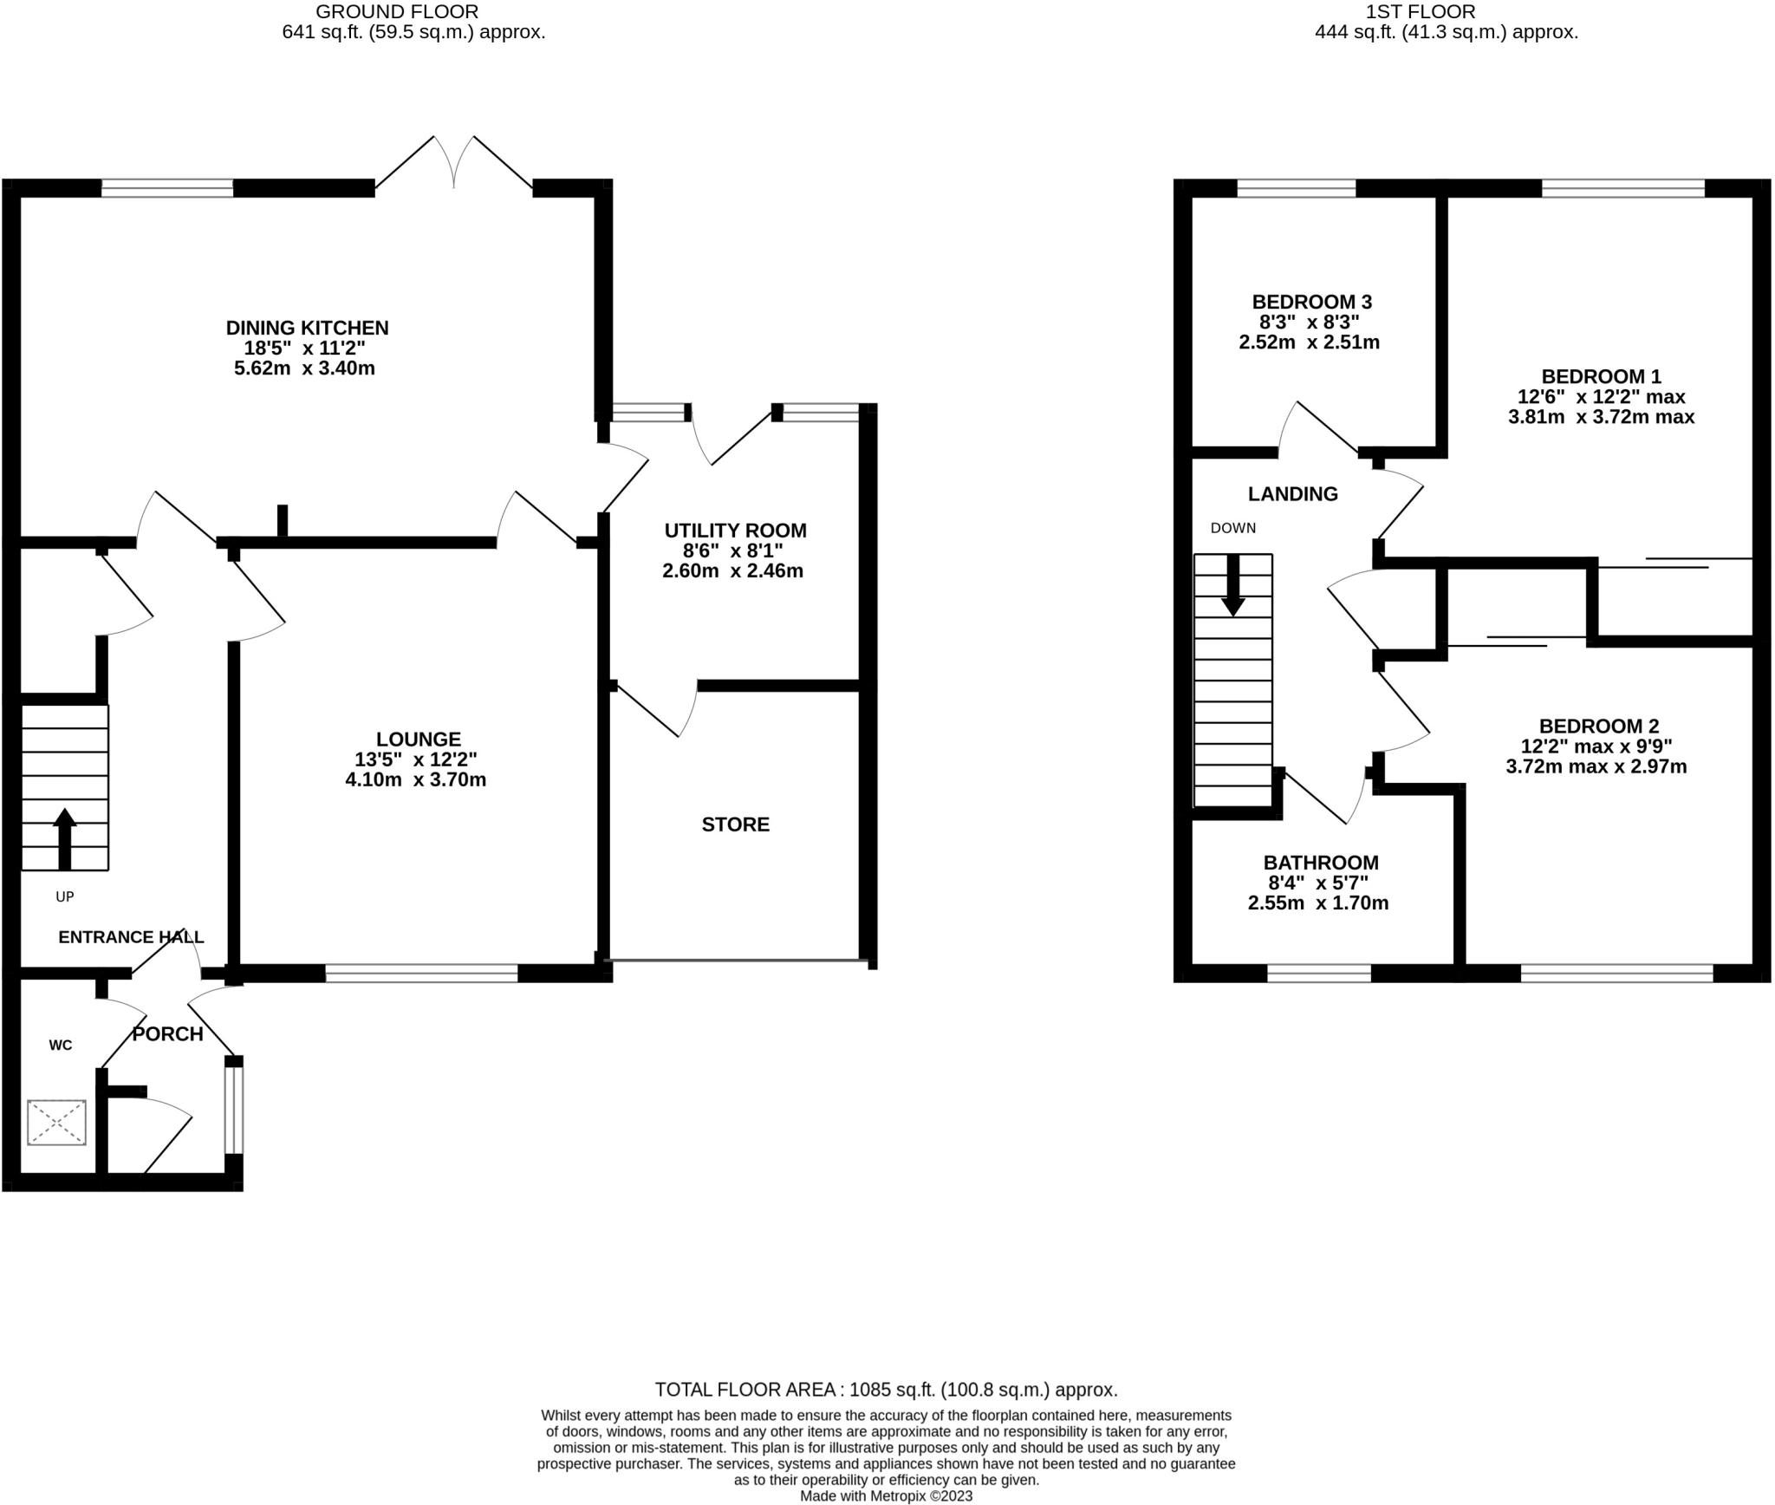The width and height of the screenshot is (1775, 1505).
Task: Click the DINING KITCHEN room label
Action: [307, 328]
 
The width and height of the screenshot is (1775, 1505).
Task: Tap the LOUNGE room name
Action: [419, 739]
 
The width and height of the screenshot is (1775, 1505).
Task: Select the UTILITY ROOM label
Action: [735, 531]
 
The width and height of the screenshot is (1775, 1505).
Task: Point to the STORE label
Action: [736, 824]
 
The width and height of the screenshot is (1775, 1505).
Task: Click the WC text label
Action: [61, 1046]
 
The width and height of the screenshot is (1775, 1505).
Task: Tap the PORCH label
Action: [167, 1034]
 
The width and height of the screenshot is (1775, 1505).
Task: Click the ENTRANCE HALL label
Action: [131, 937]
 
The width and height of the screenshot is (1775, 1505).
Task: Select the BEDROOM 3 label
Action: [1312, 303]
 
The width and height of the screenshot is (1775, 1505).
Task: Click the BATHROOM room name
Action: [1321, 863]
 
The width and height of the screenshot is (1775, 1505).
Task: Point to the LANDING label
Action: [1293, 494]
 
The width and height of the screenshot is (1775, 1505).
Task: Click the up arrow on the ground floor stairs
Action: [65, 839]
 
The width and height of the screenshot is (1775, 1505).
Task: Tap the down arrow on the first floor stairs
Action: [1233, 585]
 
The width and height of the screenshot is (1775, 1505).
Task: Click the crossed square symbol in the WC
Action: [57, 1123]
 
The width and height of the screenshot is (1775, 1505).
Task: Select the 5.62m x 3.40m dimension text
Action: [304, 368]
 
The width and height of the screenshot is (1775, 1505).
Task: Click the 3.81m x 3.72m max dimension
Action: [1602, 417]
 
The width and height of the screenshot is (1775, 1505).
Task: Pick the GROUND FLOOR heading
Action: [397, 12]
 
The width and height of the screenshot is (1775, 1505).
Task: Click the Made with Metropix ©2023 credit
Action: [887, 1496]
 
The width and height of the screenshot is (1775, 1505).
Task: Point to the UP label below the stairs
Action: [65, 897]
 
